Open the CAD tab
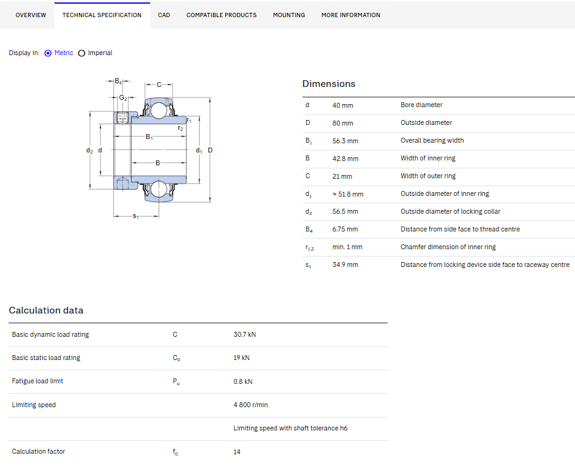[x=164, y=15]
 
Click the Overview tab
[x=31, y=15]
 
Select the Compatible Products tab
[x=222, y=15]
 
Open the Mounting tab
[x=289, y=15]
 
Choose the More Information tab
[x=351, y=15]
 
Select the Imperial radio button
[x=82, y=53]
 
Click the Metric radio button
[x=48, y=53]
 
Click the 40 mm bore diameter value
[x=342, y=105]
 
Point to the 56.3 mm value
[x=345, y=141]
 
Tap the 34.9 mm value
[x=345, y=265]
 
